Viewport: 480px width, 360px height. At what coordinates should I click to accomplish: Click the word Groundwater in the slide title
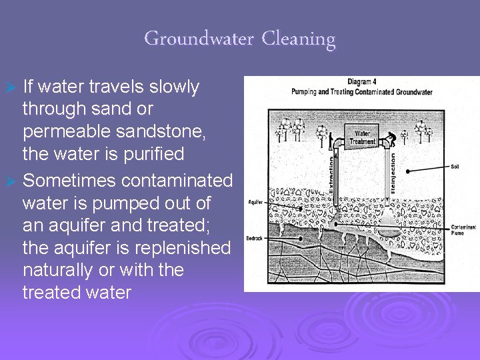pyautogui.click(x=198, y=39)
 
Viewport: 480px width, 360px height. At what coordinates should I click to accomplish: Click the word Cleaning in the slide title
pyautogui.click(x=298, y=39)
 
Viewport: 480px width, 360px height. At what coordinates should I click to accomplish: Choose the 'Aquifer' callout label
pyautogui.click(x=255, y=201)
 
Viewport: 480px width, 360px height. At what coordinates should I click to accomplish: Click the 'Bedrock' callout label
pyautogui.click(x=256, y=237)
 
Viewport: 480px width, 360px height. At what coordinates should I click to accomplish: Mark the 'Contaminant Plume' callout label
pyautogui.click(x=462, y=231)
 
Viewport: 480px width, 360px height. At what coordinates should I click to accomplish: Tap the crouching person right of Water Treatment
pyautogui.click(x=402, y=137)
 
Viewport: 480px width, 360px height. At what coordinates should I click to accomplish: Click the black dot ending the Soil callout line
pyautogui.click(x=407, y=171)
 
